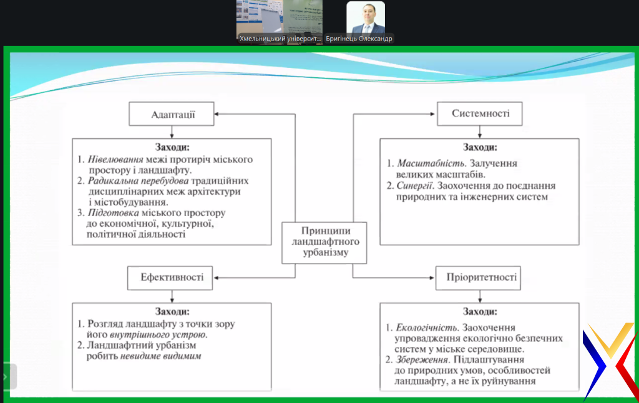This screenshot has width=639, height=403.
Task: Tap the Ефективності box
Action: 169,278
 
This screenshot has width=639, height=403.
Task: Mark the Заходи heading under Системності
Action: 479,148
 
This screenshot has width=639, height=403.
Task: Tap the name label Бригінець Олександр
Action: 359,39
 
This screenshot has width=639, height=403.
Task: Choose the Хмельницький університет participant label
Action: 280,39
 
